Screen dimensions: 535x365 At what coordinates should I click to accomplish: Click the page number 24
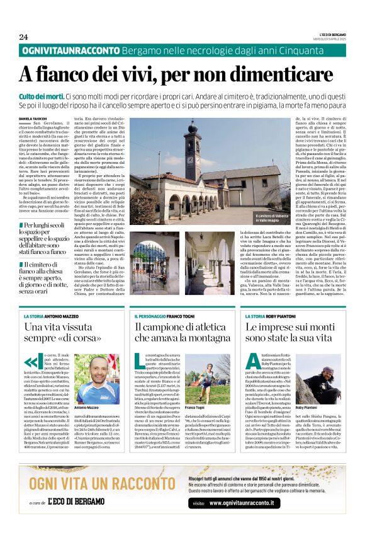(23, 37)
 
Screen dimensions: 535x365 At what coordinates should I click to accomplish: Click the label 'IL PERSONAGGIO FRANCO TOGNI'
(166, 316)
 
